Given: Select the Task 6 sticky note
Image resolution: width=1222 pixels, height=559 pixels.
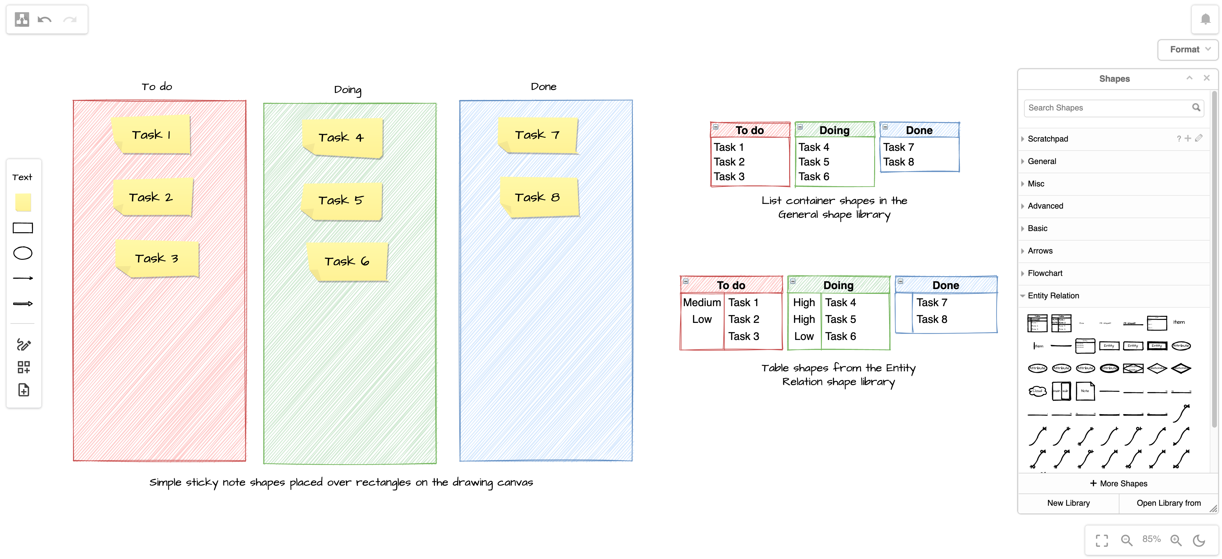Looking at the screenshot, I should click(x=347, y=262).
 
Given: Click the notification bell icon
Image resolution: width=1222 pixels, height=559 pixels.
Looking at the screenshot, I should click(x=1205, y=19).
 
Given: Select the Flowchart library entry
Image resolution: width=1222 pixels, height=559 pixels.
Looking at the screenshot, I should click(x=1045, y=273).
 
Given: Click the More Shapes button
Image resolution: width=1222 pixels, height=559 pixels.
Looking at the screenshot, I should click(x=1119, y=484).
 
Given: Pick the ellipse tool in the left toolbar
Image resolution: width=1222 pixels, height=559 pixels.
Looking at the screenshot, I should click(x=23, y=253).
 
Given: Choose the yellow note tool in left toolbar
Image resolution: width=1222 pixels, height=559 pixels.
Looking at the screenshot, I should click(x=23, y=203).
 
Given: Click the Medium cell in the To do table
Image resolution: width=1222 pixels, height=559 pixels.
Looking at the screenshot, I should click(x=702, y=303).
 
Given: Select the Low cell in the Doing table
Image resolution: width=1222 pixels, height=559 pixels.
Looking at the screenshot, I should click(x=804, y=336).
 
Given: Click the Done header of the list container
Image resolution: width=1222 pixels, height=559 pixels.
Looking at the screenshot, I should click(x=919, y=130).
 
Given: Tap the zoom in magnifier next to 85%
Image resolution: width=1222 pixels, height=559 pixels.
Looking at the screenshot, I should click(x=1176, y=540).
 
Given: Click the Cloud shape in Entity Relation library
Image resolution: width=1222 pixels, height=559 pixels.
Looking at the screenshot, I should click(x=1037, y=391).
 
